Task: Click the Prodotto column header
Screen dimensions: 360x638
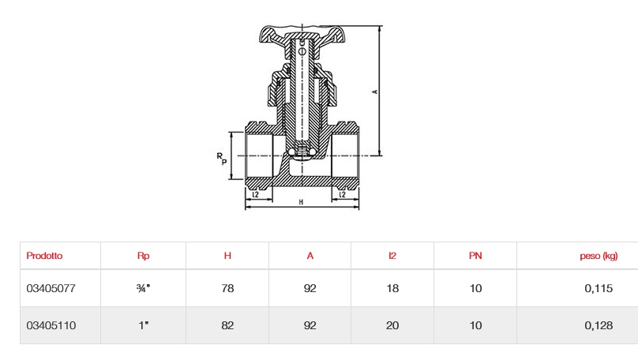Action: (44, 256)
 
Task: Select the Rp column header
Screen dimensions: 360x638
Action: (143, 256)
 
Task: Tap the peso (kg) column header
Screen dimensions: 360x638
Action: (598, 256)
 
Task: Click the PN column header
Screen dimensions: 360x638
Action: (475, 256)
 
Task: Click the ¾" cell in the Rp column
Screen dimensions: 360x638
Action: (143, 289)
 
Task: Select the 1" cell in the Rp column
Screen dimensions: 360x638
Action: (143, 325)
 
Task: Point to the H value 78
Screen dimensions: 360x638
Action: (227, 289)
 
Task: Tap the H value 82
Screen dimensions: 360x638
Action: (227, 325)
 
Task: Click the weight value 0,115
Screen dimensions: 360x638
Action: (599, 289)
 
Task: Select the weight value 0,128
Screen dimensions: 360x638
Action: (599, 325)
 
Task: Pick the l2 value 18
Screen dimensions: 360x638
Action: (392, 289)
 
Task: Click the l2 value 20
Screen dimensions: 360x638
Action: (392, 325)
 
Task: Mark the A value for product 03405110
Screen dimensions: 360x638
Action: (310, 325)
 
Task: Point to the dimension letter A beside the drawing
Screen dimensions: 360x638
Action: (375, 92)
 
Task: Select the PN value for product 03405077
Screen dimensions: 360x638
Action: (475, 289)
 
